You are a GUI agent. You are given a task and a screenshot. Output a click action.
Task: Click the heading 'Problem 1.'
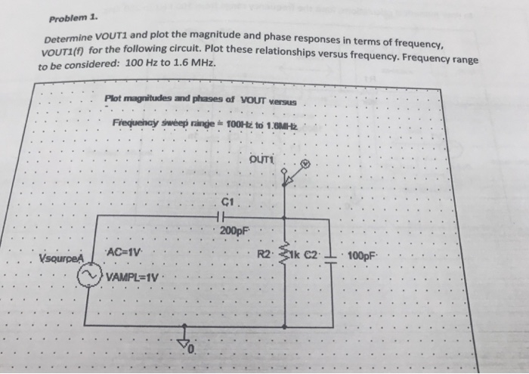click(70, 18)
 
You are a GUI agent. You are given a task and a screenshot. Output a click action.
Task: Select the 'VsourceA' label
click(59, 258)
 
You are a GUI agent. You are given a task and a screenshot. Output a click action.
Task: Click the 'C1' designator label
click(230, 202)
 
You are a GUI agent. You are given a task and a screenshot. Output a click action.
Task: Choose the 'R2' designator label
click(267, 252)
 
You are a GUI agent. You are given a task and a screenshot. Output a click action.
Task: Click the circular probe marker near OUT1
click(305, 164)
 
